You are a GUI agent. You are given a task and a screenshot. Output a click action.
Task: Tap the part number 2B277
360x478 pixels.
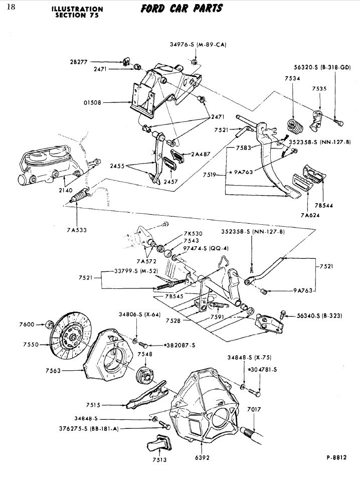[79, 62]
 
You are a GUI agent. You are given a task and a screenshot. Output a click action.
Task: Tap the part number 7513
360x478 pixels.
[159, 459]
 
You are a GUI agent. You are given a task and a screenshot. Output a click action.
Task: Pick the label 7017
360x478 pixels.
[254, 409]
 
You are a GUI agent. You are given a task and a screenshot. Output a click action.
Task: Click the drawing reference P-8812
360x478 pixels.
[336, 457]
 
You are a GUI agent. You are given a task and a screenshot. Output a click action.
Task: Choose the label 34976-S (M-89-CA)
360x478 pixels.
[199, 45]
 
